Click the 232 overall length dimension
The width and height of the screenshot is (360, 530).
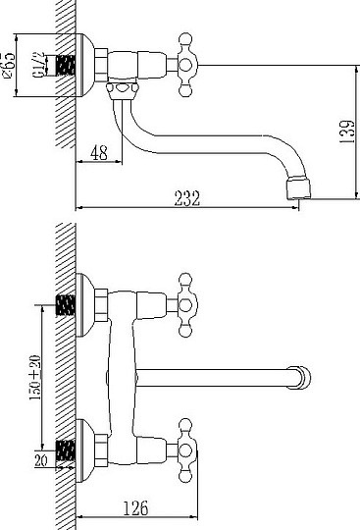187,197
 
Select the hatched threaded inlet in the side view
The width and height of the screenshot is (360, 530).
66,66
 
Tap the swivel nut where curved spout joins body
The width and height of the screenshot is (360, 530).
120,91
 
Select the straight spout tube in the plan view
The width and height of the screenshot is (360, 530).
216,374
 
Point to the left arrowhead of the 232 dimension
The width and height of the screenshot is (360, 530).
79,208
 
